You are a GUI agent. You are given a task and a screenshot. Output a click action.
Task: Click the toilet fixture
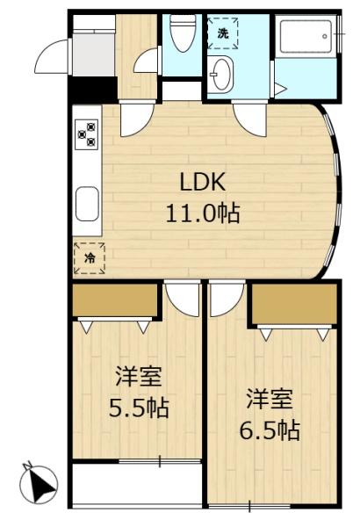click(183, 32)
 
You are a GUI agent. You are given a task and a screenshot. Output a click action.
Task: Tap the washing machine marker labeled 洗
click(222, 33)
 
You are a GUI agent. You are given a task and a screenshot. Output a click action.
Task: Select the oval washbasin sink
click(221, 74)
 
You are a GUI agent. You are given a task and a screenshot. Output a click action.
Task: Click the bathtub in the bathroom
click(306, 36)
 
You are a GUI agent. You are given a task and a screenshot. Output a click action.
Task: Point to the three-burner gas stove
click(86, 134)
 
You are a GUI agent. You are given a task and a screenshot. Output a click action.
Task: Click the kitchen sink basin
click(87, 204)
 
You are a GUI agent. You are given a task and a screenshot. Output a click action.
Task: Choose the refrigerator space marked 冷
click(90, 258)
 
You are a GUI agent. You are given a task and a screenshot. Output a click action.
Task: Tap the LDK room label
click(202, 184)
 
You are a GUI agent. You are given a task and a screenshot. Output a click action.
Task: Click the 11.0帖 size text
click(203, 213)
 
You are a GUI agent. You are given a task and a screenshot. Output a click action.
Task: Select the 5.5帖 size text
click(139, 408)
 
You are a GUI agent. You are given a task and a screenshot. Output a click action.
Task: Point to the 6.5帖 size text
click(270, 430)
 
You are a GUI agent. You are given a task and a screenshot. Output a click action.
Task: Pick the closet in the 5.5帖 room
click(115, 300)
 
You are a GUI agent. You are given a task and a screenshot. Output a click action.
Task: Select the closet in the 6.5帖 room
click(294, 304)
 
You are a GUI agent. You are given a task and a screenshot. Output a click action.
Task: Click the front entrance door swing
click(52, 56)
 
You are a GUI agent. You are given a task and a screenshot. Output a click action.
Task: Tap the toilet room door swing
click(147, 60)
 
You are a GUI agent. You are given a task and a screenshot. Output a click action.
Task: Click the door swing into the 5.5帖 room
click(183, 300)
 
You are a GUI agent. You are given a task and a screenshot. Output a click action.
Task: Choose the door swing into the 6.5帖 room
click(227, 300)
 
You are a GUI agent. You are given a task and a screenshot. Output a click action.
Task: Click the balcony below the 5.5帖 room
click(137, 485)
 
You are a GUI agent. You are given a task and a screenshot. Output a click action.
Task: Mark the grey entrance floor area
click(94, 54)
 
